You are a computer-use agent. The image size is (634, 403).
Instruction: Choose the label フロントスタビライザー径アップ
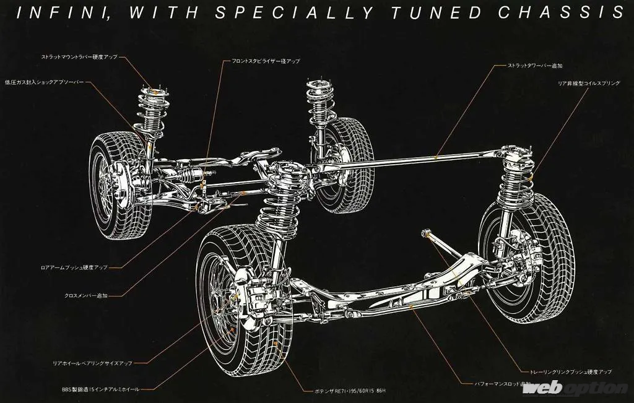(x=266, y=61)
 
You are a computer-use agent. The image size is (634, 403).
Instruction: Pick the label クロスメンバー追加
(x=86, y=296)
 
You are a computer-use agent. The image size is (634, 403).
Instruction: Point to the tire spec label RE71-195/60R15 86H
(x=350, y=391)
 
